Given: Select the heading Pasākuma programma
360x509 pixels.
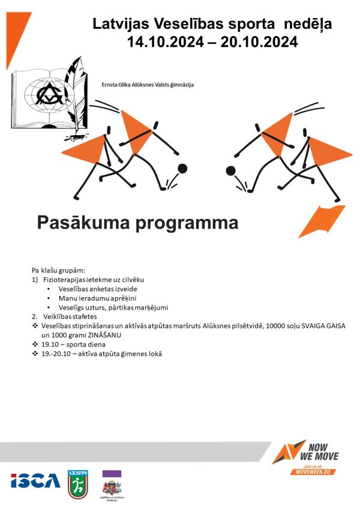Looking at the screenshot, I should point(137,223).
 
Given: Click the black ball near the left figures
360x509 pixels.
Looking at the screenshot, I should point(182,169).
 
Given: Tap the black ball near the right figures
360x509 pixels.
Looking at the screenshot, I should point(230,172).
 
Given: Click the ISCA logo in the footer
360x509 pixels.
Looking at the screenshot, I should point(35,481).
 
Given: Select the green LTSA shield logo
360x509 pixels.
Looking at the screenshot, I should point(78,484).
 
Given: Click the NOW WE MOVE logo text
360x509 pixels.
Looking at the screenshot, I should point(322,452).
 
